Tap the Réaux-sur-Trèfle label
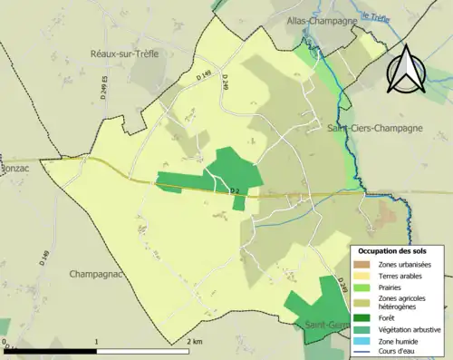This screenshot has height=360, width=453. point(125,54)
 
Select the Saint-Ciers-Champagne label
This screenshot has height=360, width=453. point(367,131)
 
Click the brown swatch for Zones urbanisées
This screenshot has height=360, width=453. point(364,264)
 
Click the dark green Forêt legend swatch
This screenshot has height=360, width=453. point(364,318)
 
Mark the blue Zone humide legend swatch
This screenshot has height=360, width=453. point(364,341)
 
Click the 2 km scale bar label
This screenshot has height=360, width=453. point(193,342)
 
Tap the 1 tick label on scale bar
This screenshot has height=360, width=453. point(97,342)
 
